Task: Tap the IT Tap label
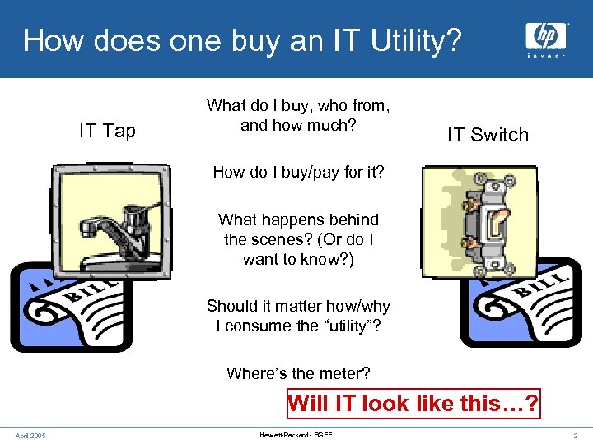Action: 107,132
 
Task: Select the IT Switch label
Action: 488,135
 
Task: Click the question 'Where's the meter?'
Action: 298,373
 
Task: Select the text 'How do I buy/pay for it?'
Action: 297,172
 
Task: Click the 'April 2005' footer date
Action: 30,435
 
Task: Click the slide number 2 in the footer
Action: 576,435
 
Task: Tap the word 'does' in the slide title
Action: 111,39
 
